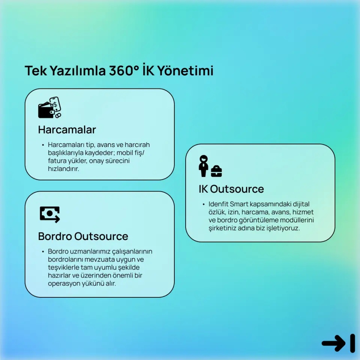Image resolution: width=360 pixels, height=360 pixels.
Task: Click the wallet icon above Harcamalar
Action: point(46,110)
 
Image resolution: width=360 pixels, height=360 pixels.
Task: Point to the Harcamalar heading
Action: point(67,130)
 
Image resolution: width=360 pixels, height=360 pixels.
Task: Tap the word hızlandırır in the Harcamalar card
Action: point(63,169)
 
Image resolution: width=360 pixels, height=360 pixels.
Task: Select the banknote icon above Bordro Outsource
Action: point(50,214)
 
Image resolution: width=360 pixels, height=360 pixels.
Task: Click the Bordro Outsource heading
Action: point(83,236)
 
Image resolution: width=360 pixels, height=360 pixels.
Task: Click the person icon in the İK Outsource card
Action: point(204,166)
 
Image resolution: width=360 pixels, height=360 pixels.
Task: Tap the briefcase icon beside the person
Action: point(216,171)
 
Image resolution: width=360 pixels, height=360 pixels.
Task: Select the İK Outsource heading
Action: point(231,189)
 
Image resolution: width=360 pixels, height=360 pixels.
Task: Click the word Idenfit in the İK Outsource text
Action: point(218,204)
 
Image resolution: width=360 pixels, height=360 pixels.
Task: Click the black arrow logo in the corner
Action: point(338,343)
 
